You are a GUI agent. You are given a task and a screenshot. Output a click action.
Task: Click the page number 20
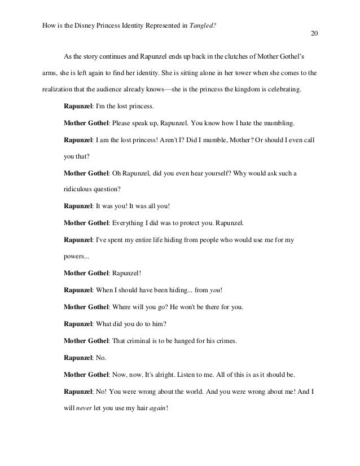pos(314,33)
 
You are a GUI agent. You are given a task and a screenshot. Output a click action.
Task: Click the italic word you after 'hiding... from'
pos(215,291)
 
